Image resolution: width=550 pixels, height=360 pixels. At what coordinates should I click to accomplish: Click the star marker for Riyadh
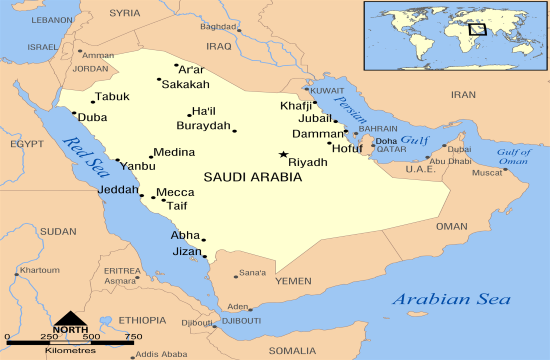click(284, 154)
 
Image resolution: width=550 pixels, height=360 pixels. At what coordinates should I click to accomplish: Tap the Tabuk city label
click(112, 98)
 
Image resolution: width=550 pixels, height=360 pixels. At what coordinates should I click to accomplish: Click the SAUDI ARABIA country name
click(252, 177)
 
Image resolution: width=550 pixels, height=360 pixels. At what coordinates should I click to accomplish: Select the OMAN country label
click(451, 227)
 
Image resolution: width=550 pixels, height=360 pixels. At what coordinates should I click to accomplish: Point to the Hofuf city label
click(347, 149)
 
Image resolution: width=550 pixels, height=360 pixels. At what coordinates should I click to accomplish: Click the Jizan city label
click(187, 252)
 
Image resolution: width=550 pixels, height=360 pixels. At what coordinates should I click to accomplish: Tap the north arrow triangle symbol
click(70, 317)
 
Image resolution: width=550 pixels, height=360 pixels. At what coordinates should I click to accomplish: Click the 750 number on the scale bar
click(132, 337)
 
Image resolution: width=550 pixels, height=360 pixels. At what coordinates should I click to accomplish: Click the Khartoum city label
click(40, 271)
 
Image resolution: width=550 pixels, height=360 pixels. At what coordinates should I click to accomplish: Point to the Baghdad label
click(219, 27)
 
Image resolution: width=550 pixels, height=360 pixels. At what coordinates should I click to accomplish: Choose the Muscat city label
click(487, 172)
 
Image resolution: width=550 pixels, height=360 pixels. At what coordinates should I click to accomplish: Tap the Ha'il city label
click(203, 111)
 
